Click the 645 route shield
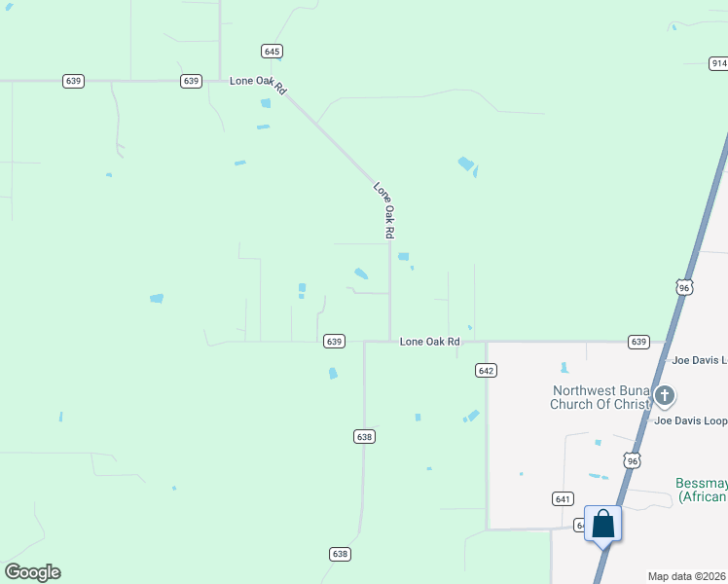(272, 51)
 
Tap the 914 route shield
(718, 63)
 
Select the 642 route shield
(487, 370)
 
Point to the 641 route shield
(563, 498)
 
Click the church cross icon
(665, 395)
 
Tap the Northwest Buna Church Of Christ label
(599, 397)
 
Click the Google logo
(32, 572)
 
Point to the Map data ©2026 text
(687, 576)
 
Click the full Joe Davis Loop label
(691, 421)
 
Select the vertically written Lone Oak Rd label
(384, 209)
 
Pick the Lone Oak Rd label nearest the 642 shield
(429, 342)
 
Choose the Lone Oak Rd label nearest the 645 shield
(258, 85)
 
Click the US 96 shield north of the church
(684, 287)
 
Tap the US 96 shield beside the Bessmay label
(633, 460)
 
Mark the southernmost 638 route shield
(339, 554)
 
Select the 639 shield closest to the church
(638, 342)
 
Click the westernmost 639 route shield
(73, 81)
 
